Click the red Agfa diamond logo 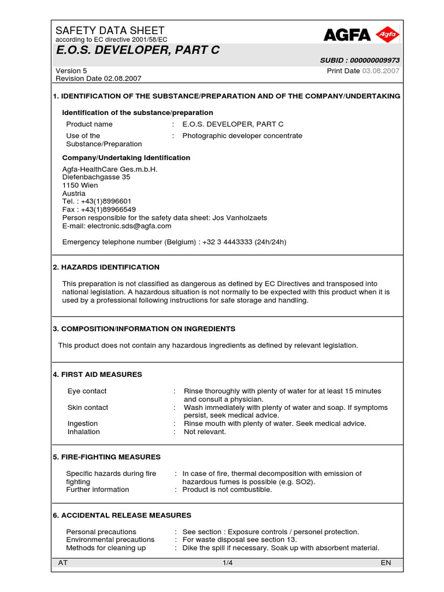387,35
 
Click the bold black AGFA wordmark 347,35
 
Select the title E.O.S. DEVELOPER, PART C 138,50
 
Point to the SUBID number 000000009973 374,61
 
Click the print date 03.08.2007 381,71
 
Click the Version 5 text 71,71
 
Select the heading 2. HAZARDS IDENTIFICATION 106,267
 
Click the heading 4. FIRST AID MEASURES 97,375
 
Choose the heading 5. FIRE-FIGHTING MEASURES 106,457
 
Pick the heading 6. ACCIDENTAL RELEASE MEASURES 121,515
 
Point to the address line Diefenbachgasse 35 96,177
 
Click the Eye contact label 87,391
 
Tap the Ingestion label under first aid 83,424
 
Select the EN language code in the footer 386,563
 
